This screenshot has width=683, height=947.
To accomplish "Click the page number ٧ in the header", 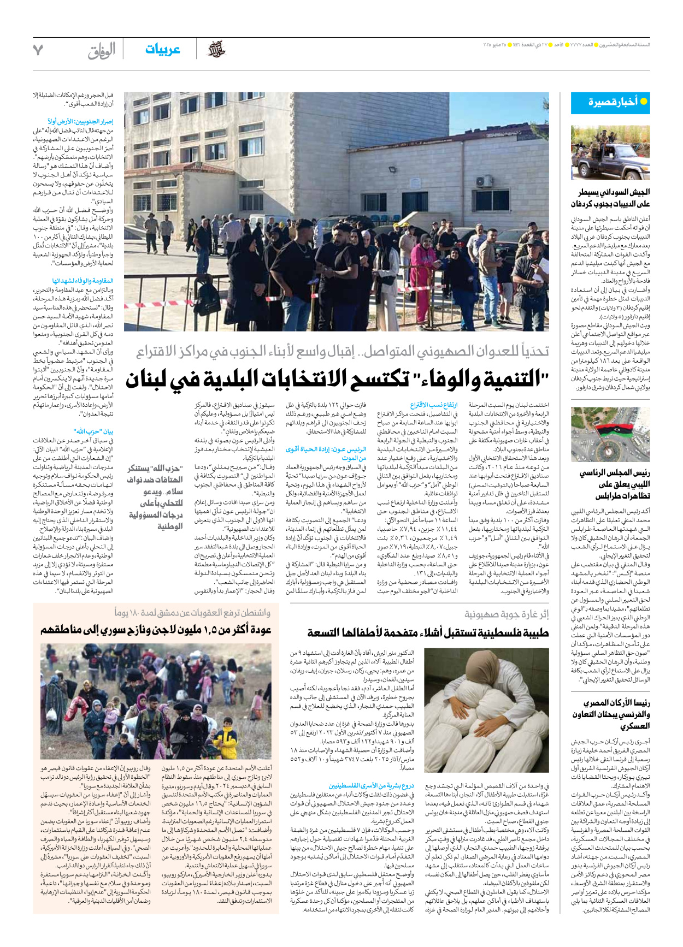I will coord(38,50).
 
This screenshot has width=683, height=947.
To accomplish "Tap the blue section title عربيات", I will coord(162,50).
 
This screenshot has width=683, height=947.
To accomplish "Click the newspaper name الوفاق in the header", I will coord(102,51).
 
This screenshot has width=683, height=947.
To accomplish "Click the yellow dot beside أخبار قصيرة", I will coord(644,102).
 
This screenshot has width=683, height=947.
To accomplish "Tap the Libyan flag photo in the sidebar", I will coord(610,434).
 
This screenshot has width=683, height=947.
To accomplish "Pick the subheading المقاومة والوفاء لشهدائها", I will coord(83,281).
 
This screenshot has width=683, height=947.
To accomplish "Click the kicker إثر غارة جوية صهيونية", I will coord(507,614).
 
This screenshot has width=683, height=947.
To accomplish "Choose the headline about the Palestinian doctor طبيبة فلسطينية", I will coord(428,633).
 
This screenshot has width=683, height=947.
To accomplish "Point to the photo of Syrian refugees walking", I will coord(156,701).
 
